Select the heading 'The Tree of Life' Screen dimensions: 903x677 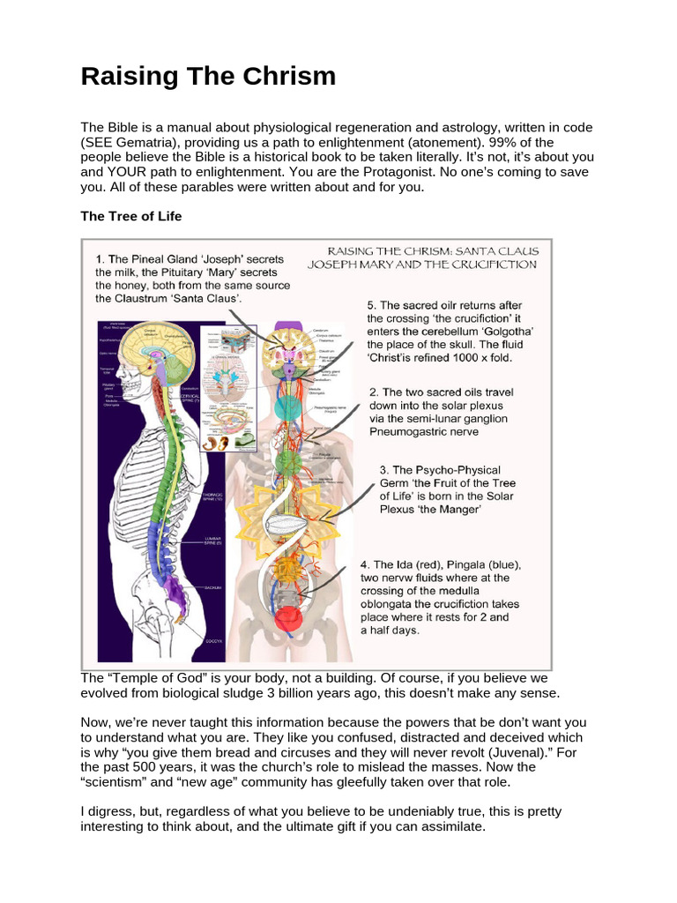[x=132, y=216]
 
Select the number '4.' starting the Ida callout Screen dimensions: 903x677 [x=366, y=564]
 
